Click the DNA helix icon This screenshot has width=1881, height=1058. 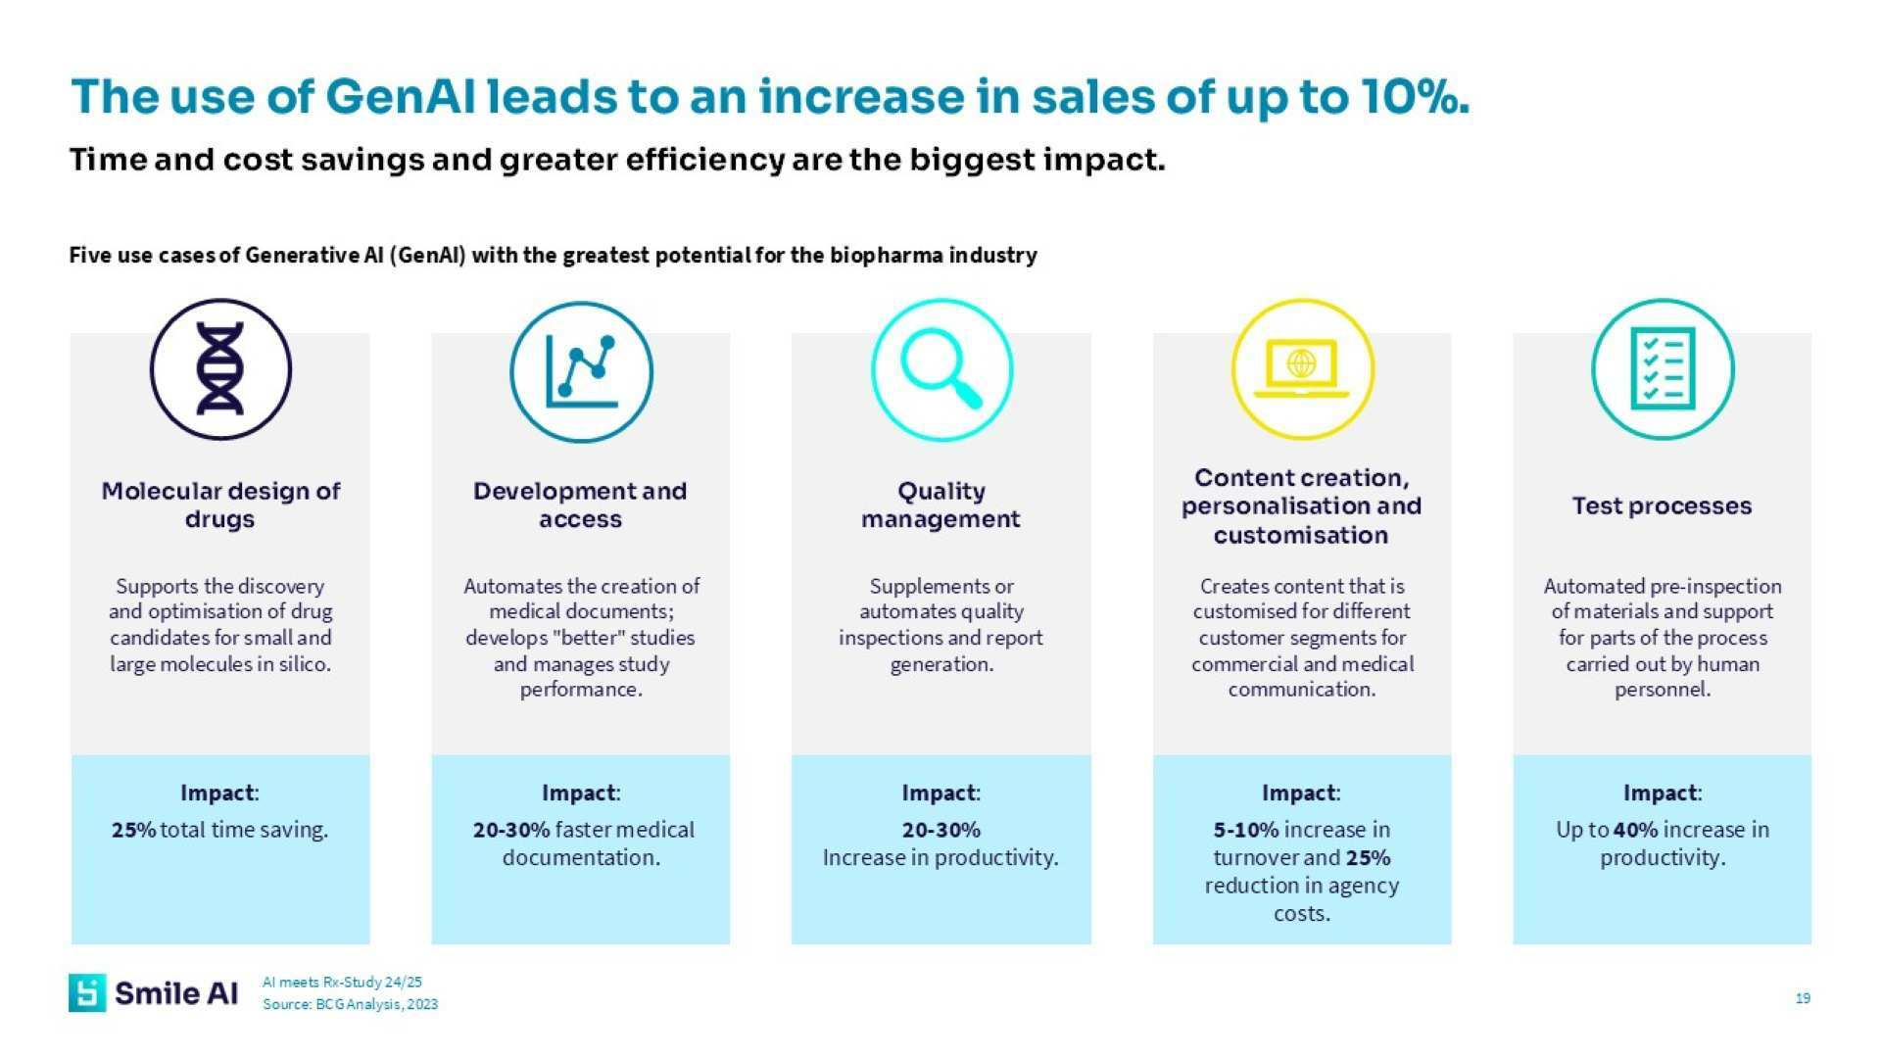click(220, 369)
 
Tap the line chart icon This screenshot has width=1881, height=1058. click(581, 371)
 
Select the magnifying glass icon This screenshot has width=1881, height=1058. click(941, 369)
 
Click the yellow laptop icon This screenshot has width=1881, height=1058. click(1302, 369)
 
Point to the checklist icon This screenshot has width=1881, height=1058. click(1663, 369)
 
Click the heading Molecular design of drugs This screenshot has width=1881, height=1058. click(220, 505)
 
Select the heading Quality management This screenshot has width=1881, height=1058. click(940, 505)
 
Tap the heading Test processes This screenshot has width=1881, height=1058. click(1662, 505)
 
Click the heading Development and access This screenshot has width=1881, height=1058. click(580, 505)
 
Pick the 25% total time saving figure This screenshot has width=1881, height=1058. click(133, 830)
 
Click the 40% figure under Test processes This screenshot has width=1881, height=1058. click(1634, 830)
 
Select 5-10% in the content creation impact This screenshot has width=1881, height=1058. click(1245, 830)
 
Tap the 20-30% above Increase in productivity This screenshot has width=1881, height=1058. click(940, 830)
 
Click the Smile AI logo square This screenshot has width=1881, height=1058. click(87, 992)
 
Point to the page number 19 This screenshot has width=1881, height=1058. click(1803, 998)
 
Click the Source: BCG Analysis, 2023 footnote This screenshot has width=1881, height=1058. click(350, 1004)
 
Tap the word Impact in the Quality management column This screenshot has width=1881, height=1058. click(939, 793)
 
